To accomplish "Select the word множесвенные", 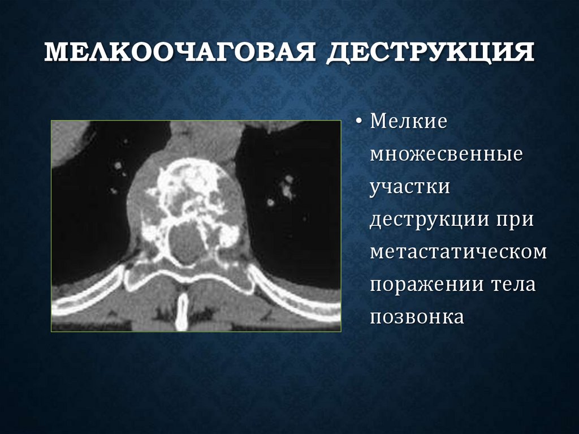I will tap(446, 155).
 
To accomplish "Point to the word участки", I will tap(410, 187).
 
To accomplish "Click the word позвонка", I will tap(417, 317).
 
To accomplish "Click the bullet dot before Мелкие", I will tap(360, 123).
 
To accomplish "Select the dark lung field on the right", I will tap(294, 226).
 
